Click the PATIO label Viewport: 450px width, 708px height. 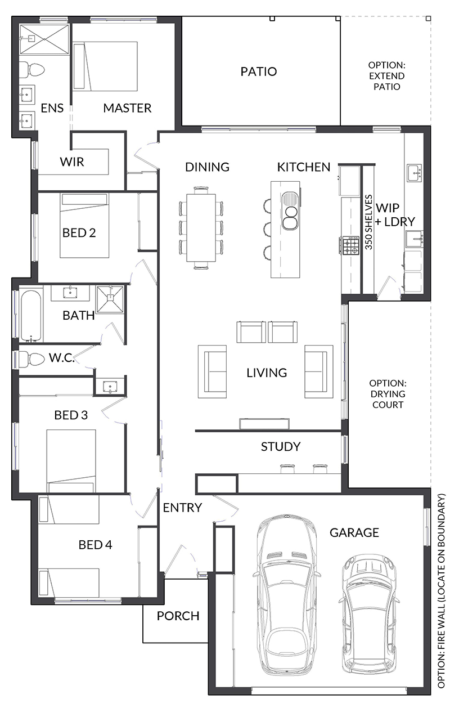click(258, 72)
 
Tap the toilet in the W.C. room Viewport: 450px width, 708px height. click(32, 359)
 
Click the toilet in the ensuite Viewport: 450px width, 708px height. click(32, 70)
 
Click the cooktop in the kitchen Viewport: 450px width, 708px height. click(351, 245)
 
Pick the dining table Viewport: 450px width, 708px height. click(201, 227)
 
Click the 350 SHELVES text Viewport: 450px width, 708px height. click(369, 222)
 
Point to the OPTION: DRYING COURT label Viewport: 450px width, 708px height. click(388, 393)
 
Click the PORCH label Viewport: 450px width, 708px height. click(178, 616)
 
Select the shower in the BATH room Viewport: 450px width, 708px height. click(110, 299)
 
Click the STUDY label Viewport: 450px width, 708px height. click(280, 447)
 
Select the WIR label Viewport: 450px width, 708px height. click(72, 162)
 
